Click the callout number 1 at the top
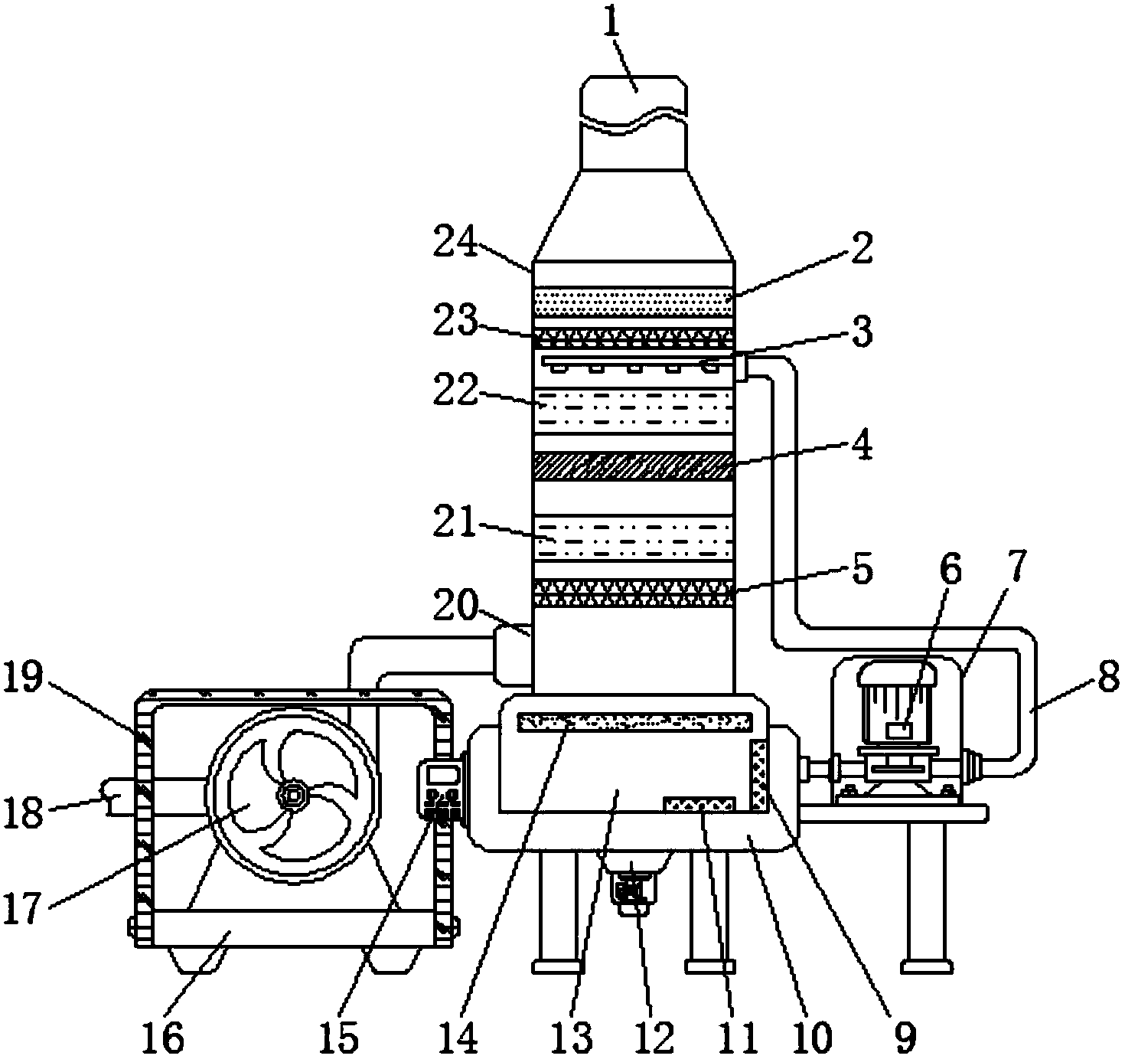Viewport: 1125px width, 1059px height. coord(612,23)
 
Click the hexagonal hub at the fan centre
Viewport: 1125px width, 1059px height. coord(292,796)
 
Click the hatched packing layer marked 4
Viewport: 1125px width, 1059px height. coord(633,466)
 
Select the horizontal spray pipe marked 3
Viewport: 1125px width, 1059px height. coord(639,361)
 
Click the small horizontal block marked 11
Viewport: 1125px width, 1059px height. coord(699,804)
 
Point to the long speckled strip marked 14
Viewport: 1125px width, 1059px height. coord(635,723)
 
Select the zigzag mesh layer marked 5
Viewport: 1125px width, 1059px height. coord(633,593)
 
